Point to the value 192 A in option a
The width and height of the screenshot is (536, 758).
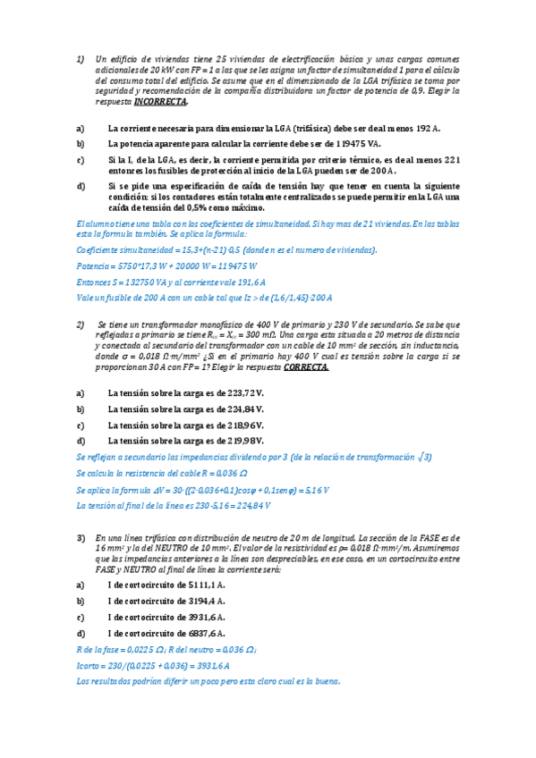pyautogui.click(x=426, y=129)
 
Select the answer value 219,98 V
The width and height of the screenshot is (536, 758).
pyautogui.click(x=245, y=441)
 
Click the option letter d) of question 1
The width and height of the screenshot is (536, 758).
pyautogui.click(x=81, y=186)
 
